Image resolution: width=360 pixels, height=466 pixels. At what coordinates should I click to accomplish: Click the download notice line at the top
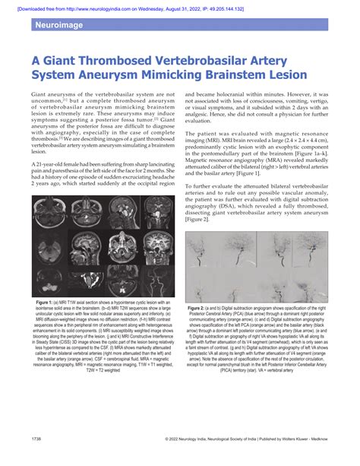tap(179, 5)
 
